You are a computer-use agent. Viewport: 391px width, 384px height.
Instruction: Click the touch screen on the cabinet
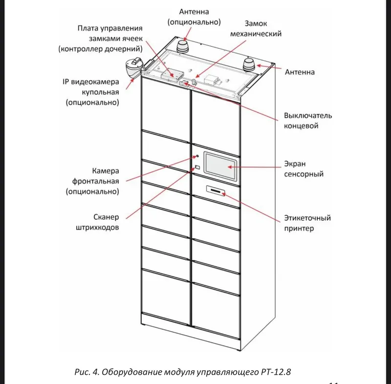[x=220, y=166]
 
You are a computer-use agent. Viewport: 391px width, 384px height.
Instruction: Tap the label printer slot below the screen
[x=216, y=191]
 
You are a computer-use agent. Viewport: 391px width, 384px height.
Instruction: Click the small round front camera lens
[x=197, y=156]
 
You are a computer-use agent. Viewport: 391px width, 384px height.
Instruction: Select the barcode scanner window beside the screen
[x=197, y=167]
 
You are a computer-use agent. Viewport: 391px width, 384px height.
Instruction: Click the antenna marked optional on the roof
[x=183, y=46]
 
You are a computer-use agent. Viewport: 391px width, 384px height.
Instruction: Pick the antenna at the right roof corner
[x=249, y=65]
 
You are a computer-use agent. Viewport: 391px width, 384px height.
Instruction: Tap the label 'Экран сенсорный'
[x=304, y=169]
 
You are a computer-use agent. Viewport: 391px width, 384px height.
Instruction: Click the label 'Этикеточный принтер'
[x=307, y=223]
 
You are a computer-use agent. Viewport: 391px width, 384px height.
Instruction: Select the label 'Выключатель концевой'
[x=308, y=120]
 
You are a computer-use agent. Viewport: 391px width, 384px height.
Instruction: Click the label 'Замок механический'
[x=256, y=28]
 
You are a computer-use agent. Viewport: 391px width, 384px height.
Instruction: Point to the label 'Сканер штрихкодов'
[x=97, y=222]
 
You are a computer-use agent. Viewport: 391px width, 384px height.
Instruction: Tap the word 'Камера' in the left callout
[x=106, y=171]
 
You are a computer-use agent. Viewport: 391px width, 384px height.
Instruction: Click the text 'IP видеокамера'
[x=91, y=82]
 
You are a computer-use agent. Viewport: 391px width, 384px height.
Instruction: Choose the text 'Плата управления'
[x=110, y=28]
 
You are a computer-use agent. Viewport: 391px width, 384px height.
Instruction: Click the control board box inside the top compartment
[x=173, y=74]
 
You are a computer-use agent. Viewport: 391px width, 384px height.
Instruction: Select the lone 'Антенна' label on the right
[x=300, y=72]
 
